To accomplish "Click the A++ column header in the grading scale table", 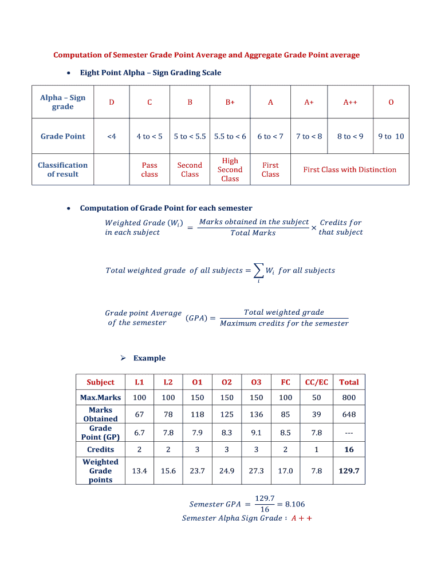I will point(350,102).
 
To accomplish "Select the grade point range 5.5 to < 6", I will point(230,136).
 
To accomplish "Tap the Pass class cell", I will point(149,169).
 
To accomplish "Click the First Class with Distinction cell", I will point(349,169).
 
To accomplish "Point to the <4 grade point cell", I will point(112,136).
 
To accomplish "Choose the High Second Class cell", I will point(230,169).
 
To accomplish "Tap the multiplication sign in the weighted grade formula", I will point(313,228).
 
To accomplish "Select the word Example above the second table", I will point(149,358).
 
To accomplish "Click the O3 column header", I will point(256,382).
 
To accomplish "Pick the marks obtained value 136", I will point(256,414).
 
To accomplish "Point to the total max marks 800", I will point(349,398).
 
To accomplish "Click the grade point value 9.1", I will point(256,433).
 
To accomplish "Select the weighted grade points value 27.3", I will point(256,471).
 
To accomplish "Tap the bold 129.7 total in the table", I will point(349,471).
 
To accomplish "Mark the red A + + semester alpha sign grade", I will point(301,518).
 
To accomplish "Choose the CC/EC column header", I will point(317,382).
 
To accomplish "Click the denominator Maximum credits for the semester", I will point(284,323).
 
